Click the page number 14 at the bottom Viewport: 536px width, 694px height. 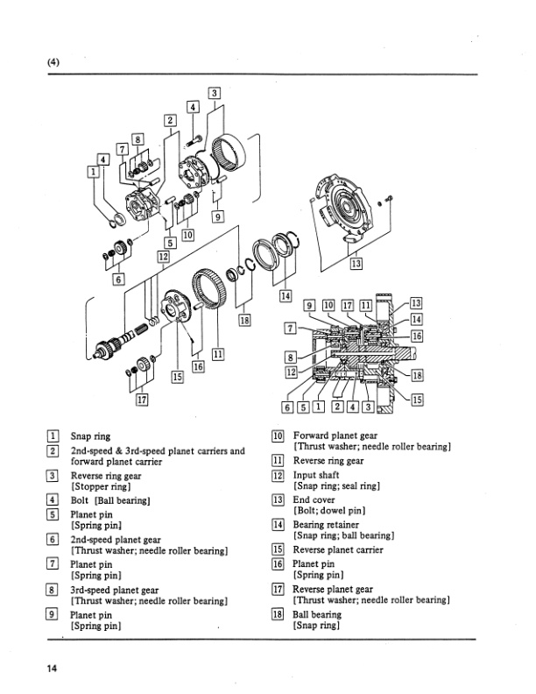click(x=53, y=669)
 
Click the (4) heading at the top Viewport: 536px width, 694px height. click(x=55, y=62)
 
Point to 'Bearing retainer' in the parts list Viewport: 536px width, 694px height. click(x=327, y=524)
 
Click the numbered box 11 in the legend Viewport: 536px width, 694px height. click(x=278, y=460)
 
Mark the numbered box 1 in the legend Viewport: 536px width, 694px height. click(x=53, y=436)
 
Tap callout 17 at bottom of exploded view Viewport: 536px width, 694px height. click(x=142, y=399)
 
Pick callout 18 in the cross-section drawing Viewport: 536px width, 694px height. click(x=416, y=374)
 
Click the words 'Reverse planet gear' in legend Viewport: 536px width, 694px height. click(x=333, y=590)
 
